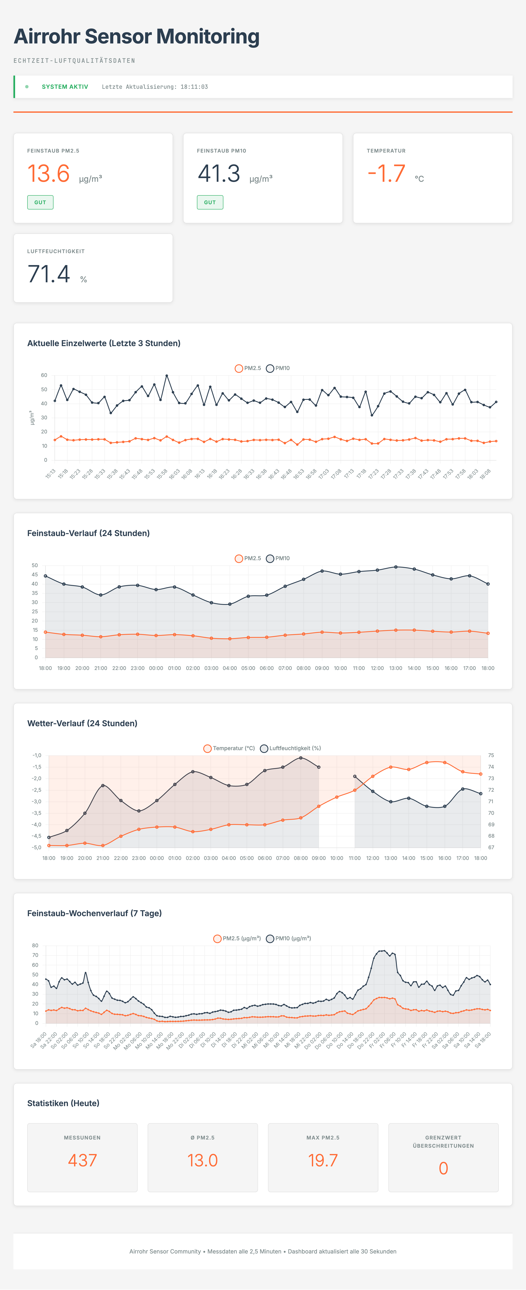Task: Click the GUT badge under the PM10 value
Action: pyautogui.click(x=210, y=202)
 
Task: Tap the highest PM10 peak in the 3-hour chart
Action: pyautogui.click(x=167, y=375)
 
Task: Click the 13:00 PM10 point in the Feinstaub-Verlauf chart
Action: pyautogui.click(x=396, y=567)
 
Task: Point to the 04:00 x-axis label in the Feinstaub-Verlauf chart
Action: pyautogui.click(x=230, y=668)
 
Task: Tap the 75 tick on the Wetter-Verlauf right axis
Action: pyautogui.click(x=491, y=755)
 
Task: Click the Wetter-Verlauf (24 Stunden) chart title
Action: pyautogui.click(x=82, y=723)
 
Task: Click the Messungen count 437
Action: pyautogui.click(x=82, y=1160)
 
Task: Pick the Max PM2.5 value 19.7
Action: pyautogui.click(x=323, y=1160)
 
